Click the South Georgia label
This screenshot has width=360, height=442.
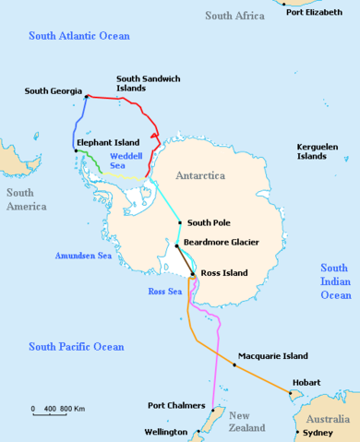point(54,90)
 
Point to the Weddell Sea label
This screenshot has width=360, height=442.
point(126,162)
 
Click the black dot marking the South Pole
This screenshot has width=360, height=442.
point(179,222)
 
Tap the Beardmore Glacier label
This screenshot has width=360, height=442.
point(221,242)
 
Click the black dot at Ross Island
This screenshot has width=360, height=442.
point(192,274)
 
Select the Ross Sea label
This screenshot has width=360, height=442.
point(163,292)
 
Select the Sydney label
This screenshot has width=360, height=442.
point(318,432)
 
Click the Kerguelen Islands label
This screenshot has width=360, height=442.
point(318,152)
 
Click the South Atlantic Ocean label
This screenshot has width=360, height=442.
point(79,36)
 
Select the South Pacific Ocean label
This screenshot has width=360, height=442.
point(76,347)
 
